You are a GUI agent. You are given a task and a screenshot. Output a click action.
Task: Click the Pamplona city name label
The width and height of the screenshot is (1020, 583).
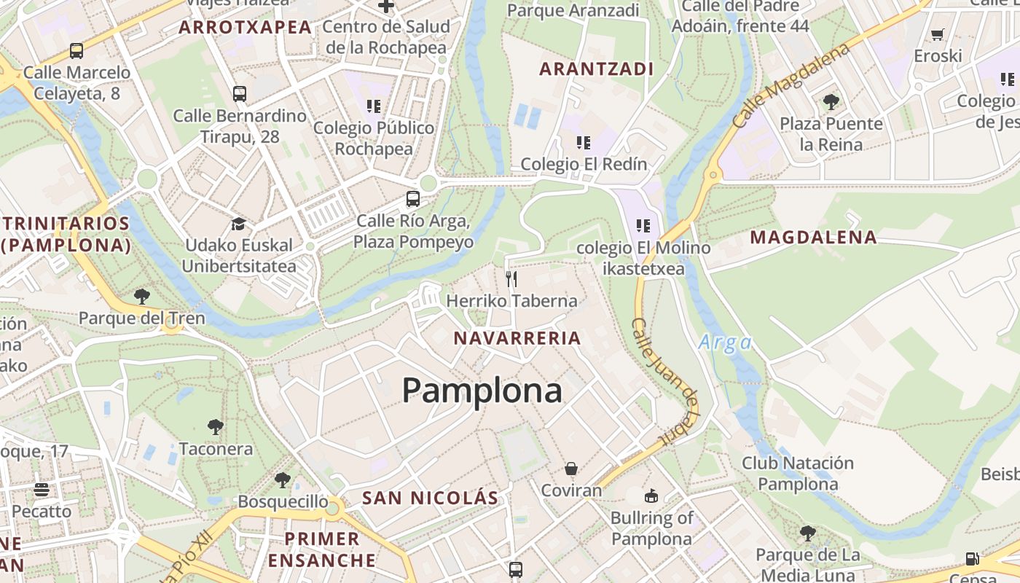point(482,391)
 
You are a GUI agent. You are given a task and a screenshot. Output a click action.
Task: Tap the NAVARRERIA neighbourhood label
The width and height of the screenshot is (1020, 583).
point(517,338)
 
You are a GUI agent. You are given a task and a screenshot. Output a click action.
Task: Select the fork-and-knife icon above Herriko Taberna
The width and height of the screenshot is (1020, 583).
point(511,278)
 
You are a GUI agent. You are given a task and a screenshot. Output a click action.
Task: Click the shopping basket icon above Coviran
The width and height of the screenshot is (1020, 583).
point(571,468)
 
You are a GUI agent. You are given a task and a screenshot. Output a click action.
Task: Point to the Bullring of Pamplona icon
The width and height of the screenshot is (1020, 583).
point(651,496)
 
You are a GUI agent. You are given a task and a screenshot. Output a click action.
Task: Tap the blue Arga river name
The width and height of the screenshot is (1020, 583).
point(725,343)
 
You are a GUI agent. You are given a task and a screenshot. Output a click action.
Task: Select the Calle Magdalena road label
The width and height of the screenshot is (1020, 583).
point(790,86)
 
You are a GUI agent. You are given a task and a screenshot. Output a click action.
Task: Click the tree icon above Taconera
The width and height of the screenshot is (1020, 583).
point(215,426)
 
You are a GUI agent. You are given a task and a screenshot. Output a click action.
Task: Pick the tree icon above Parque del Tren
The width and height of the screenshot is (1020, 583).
point(142,296)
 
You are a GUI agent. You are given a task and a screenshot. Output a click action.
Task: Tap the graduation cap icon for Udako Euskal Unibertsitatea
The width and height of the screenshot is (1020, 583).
point(238,224)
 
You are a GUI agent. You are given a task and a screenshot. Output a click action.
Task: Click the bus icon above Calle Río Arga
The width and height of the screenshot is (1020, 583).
point(413,198)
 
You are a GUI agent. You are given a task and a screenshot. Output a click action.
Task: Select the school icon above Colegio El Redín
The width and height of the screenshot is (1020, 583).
point(583,142)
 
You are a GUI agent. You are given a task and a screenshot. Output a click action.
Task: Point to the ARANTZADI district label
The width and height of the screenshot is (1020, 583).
point(596,69)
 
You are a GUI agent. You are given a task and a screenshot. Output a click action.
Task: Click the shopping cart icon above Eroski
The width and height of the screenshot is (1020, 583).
point(938,34)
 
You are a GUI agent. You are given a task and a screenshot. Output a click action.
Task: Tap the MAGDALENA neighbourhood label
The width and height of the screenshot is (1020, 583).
point(813,238)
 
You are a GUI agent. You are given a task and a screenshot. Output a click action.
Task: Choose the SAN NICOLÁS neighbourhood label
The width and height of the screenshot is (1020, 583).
point(430,498)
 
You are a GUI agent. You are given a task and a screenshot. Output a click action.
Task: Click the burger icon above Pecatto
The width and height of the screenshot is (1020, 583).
point(42,488)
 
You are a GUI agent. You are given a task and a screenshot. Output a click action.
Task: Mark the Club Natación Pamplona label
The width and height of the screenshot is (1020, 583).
point(797,474)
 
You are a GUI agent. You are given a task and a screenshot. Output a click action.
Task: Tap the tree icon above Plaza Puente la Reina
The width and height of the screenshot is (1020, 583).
point(831,101)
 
